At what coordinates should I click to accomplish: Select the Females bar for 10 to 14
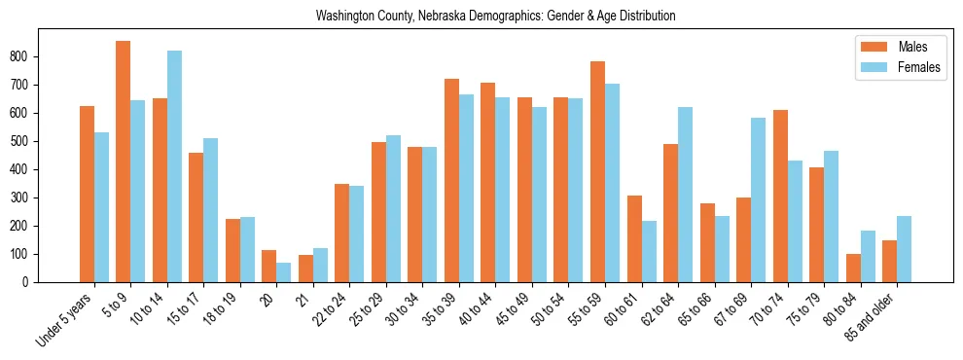pos(174,166)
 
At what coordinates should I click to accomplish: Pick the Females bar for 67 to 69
pos(758,199)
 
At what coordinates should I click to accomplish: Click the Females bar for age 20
pos(283,272)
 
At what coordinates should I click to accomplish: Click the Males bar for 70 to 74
pos(780,196)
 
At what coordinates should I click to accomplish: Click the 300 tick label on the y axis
pos(21,198)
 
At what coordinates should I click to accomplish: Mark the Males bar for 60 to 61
pos(634,238)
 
